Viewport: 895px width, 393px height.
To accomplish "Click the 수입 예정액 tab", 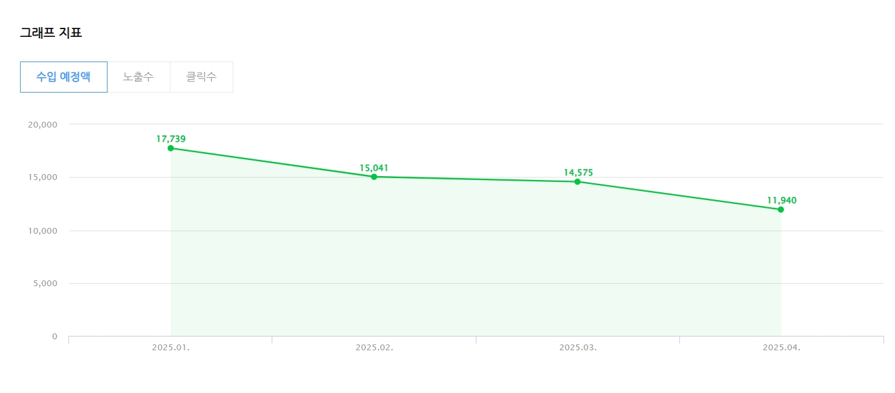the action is [x=64, y=77].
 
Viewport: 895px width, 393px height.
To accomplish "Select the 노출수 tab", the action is [x=138, y=77].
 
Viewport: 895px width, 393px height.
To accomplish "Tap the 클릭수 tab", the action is [x=202, y=77].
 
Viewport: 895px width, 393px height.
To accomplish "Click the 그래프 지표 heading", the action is [x=51, y=33].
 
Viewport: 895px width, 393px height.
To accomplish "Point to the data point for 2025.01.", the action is [x=170, y=148].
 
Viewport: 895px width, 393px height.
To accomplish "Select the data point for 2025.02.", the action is [x=374, y=177].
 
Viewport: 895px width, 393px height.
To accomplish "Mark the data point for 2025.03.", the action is [x=577, y=182].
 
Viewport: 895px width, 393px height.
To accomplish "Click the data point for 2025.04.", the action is [x=781, y=210].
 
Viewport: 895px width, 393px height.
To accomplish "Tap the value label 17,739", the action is [x=171, y=139].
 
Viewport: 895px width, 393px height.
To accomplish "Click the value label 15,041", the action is [x=374, y=168].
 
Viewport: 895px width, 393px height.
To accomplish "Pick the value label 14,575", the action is [x=578, y=173].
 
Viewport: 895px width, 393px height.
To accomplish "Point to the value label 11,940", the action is [x=782, y=200].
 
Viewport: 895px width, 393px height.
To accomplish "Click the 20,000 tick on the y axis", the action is [x=42, y=124].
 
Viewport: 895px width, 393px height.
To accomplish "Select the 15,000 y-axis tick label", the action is [x=42, y=177].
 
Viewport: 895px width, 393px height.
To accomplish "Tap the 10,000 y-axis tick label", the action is [x=42, y=230].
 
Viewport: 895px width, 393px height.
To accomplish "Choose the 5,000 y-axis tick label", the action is [x=45, y=284].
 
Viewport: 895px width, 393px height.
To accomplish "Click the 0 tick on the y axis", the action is [x=54, y=336].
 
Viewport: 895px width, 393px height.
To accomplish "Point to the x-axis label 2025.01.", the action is [x=170, y=348].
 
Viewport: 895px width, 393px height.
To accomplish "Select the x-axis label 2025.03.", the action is [x=577, y=348].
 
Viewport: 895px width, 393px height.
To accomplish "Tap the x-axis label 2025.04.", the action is [x=782, y=348].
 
